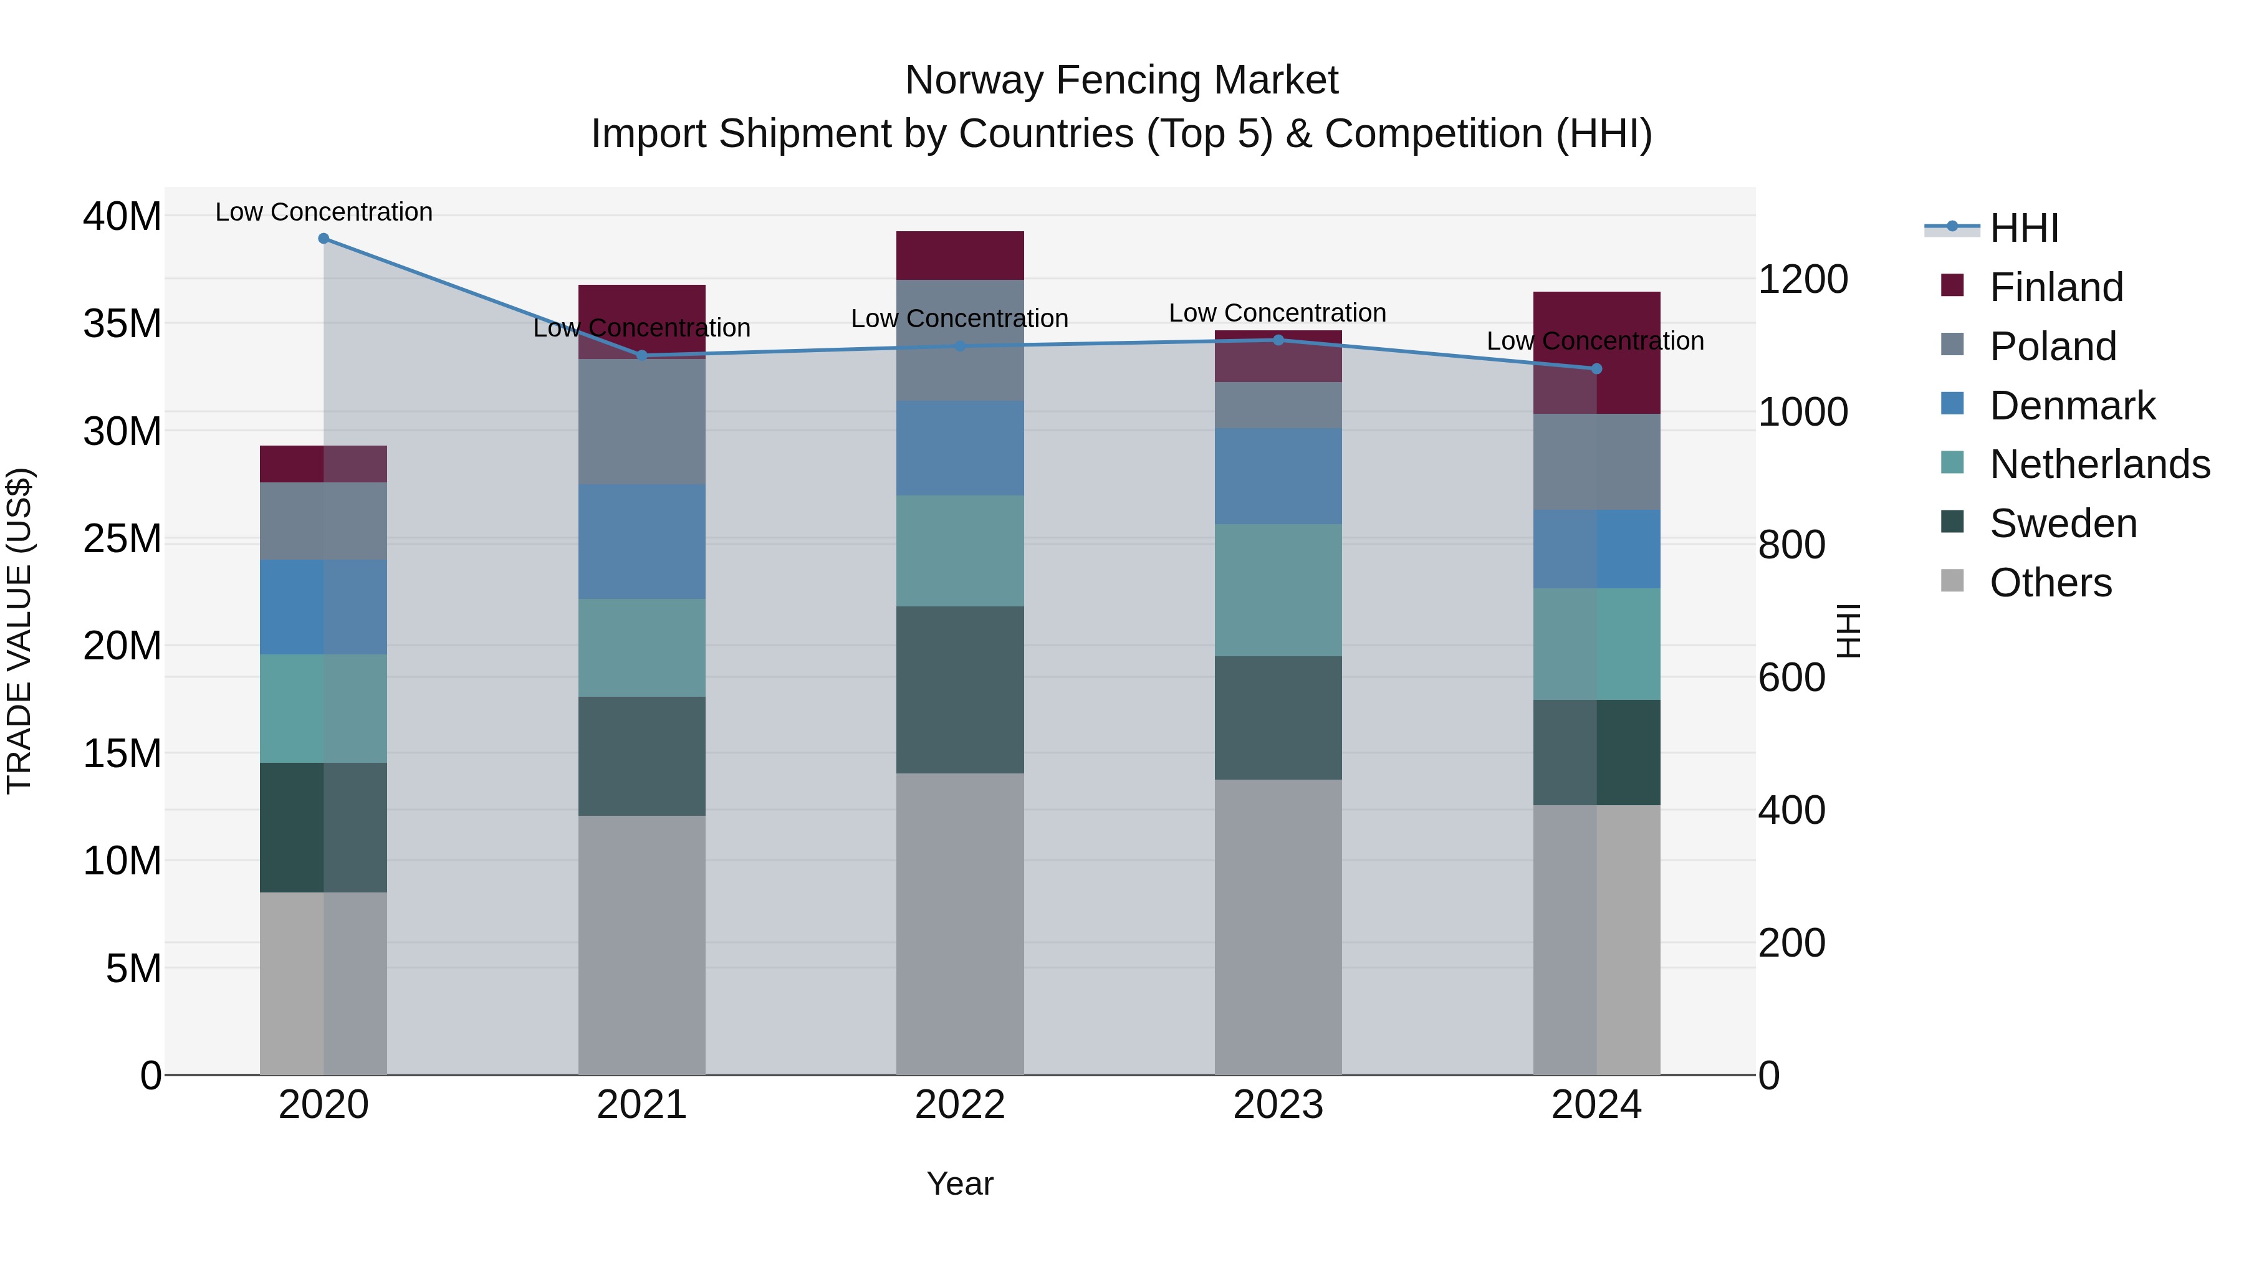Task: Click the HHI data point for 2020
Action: (323, 238)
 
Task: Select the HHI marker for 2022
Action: (960, 346)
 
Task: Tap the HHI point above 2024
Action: (1596, 368)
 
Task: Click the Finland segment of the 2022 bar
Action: (960, 255)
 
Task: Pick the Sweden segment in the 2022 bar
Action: (960, 690)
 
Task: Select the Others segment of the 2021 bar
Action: (641, 945)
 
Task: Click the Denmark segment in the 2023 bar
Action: (1278, 476)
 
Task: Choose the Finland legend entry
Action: (2056, 287)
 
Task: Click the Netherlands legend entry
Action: (2099, 464)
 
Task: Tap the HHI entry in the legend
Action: (2023, 228)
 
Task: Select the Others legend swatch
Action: (1952, 581)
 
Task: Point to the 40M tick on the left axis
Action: (122, 216)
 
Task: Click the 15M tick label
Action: (122, 753)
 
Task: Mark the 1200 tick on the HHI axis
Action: (1802, 280)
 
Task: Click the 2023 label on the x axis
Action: (1278, 1105)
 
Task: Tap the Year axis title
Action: (960, 1183)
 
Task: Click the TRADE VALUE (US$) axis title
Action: (19, 631)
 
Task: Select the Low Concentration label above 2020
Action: (323, 212)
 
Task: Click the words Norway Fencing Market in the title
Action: (1121, 80)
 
